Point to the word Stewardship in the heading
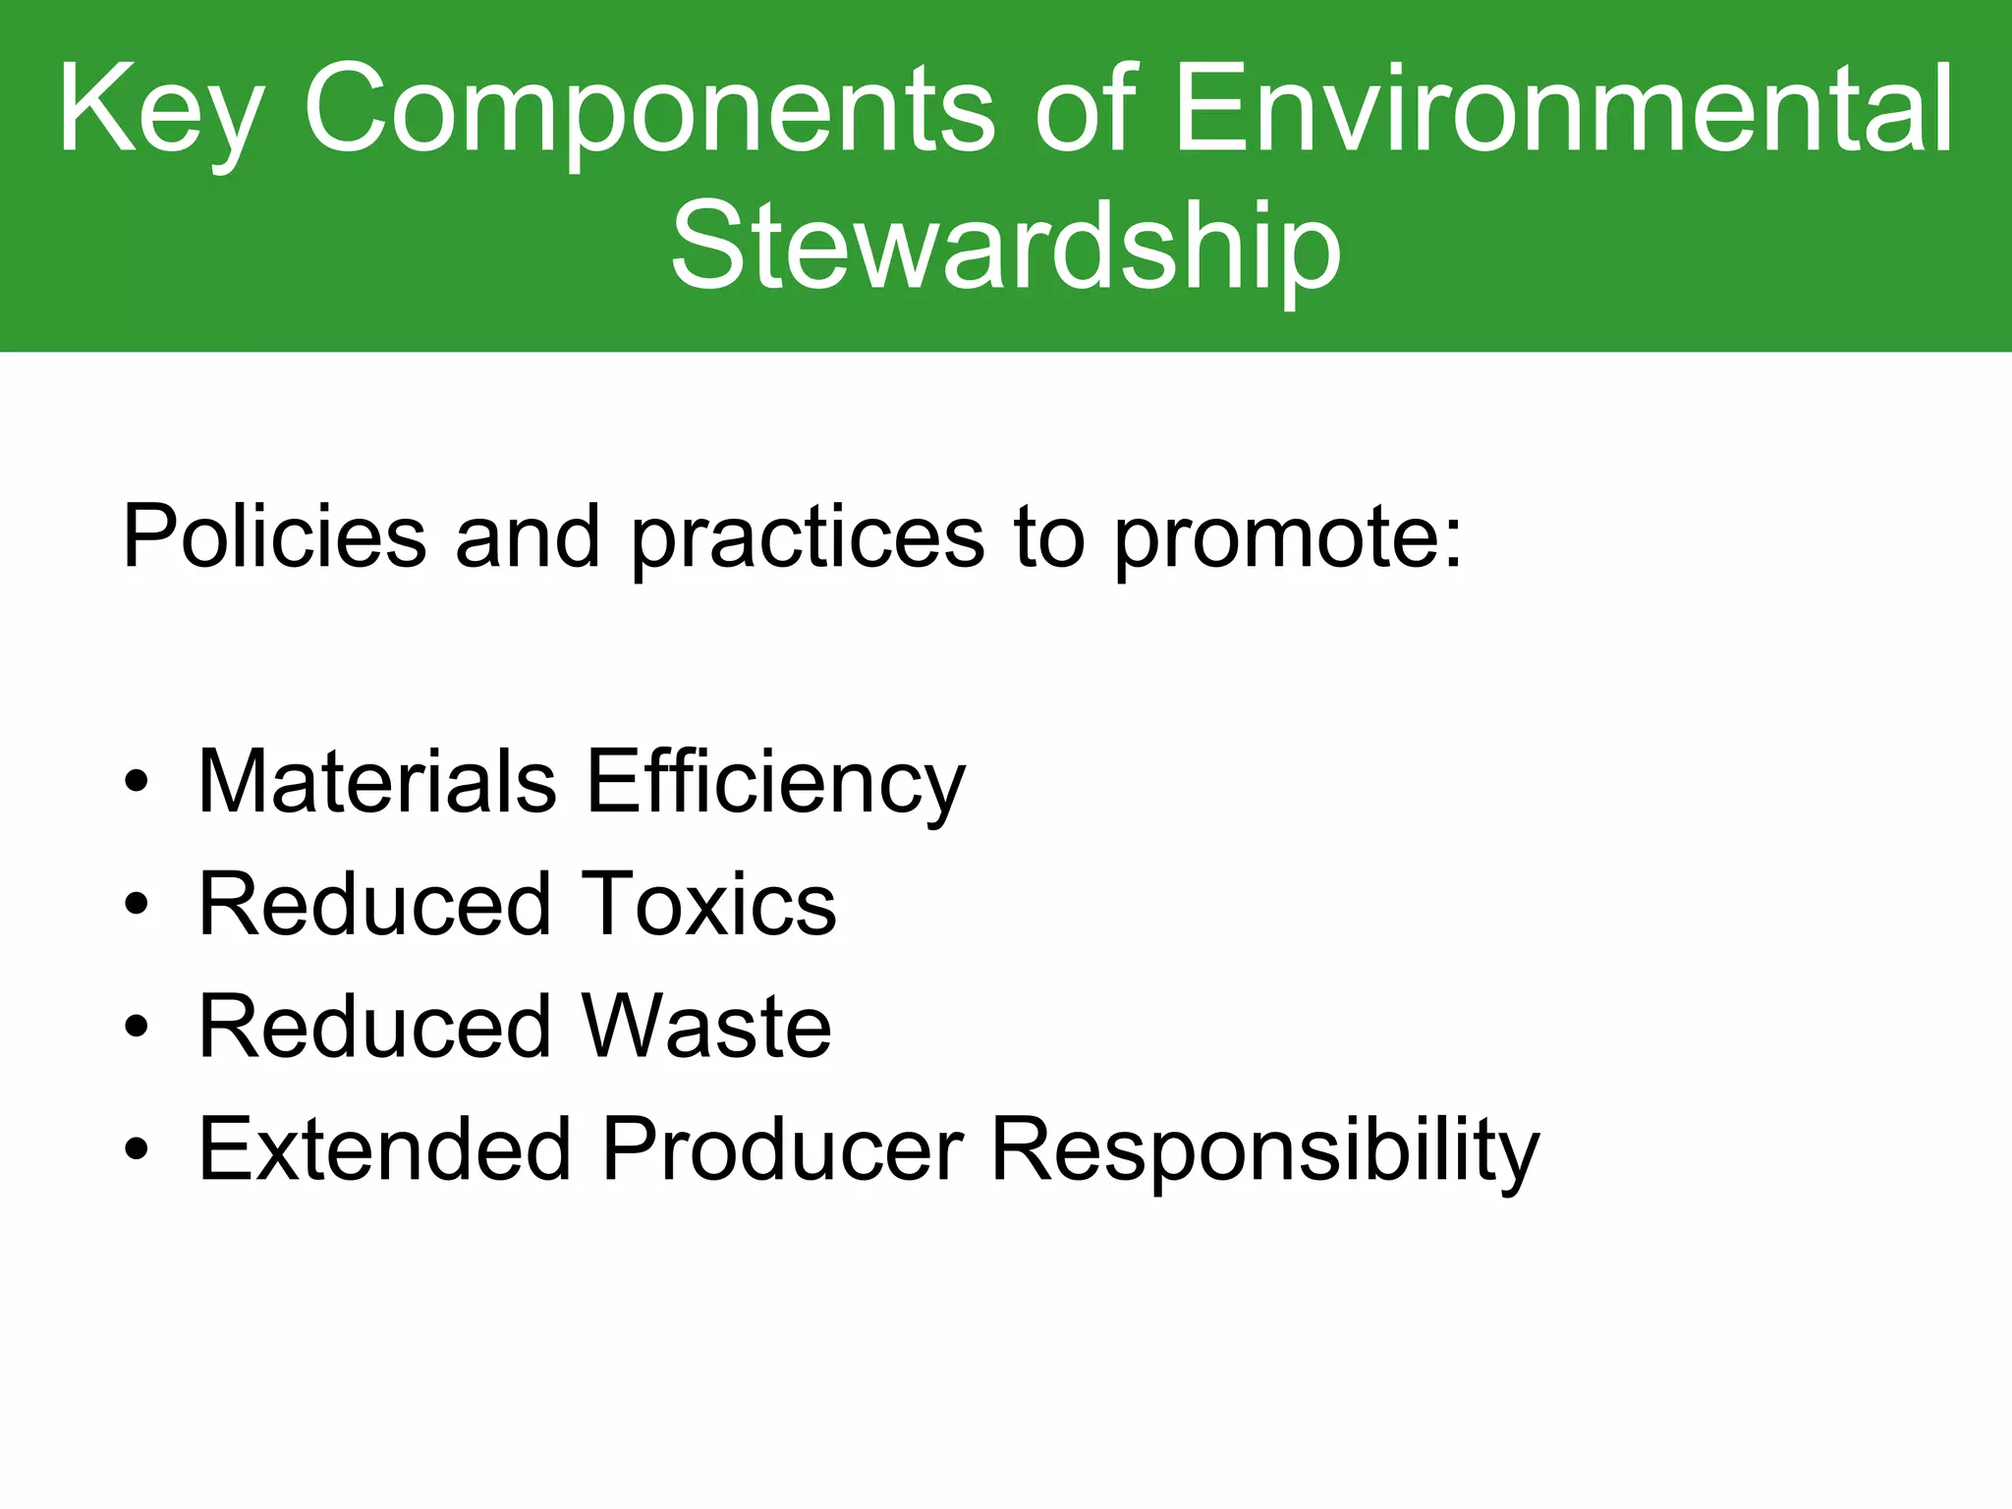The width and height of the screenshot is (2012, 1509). point(1005,246)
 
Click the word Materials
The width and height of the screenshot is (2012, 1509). point(377,781)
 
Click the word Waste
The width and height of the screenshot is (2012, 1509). point(707,1027)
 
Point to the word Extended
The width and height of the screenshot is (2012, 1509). point(385,1148)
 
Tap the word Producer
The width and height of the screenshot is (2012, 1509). point(782,1148)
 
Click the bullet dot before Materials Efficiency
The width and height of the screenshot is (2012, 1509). point(137,783)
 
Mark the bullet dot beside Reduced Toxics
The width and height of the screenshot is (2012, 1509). point(137,905)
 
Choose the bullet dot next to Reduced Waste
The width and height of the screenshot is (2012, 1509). point(137,1028)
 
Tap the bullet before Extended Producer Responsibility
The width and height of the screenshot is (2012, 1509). point(137,1149)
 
